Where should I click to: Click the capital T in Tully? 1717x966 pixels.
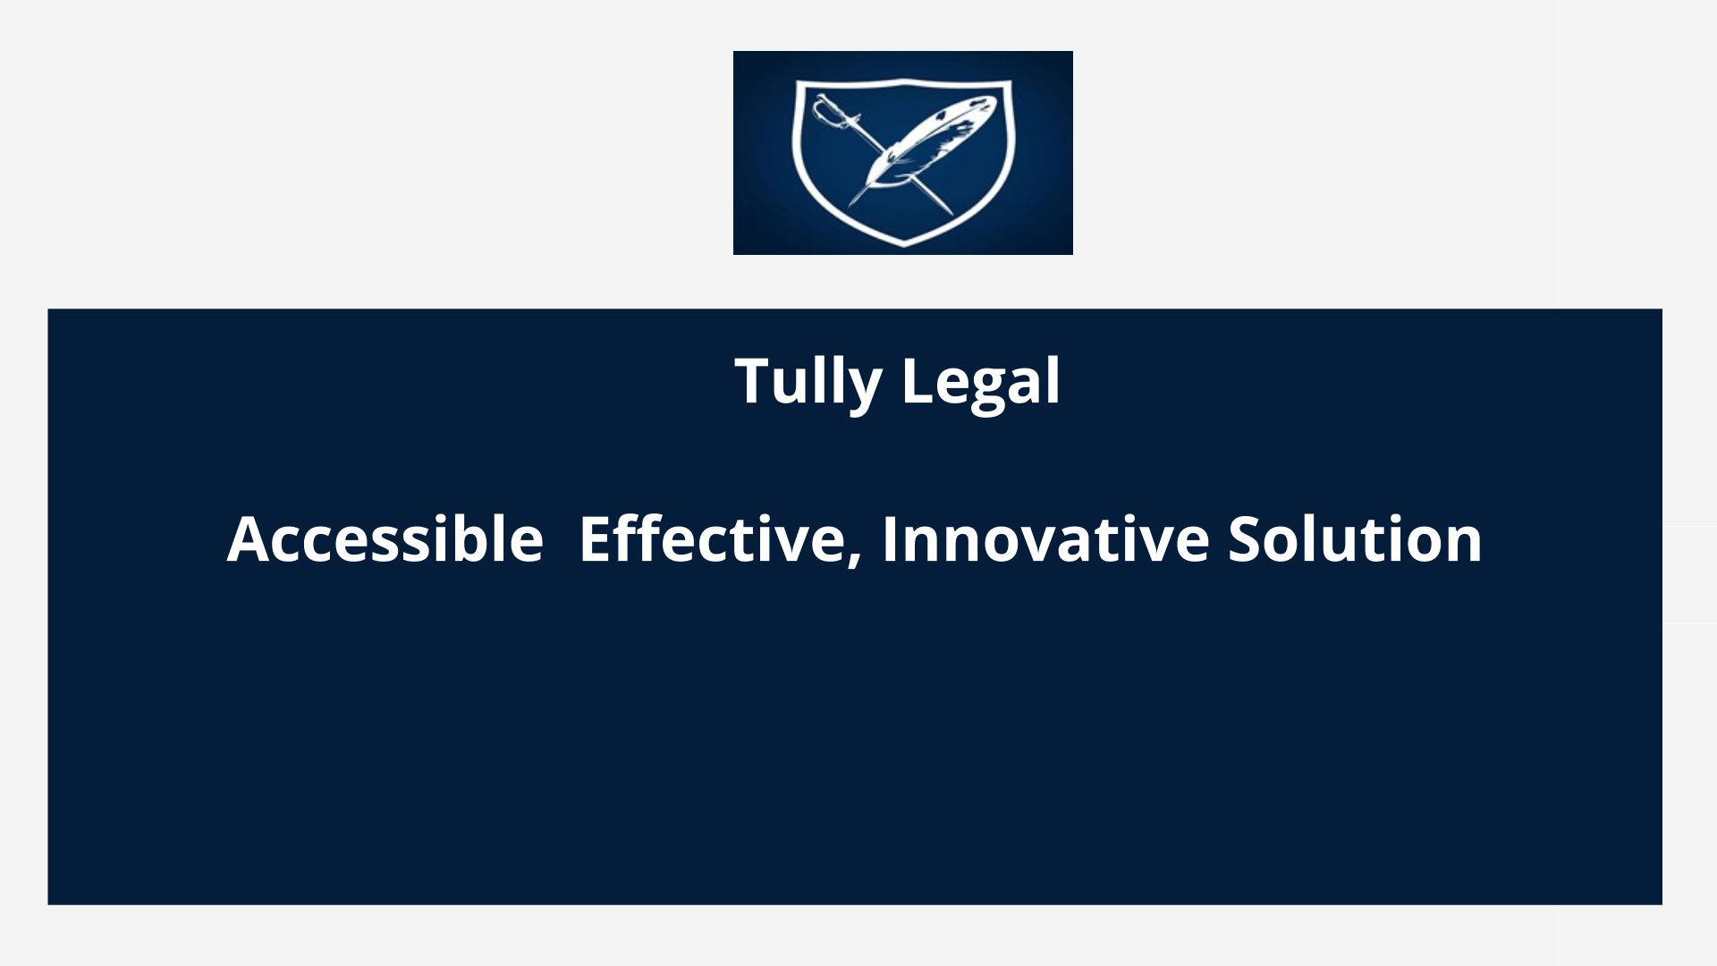point(753,381)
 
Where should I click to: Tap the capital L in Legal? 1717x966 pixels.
point(917,381)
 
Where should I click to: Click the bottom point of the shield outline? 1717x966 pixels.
point(904,243)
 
